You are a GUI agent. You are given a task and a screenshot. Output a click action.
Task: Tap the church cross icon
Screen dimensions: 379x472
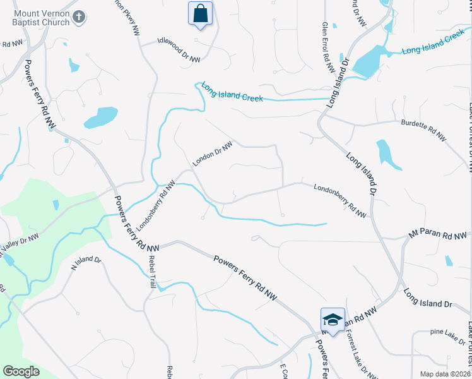coord(79,17)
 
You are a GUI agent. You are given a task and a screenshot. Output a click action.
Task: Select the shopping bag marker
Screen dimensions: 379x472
coord(200,13)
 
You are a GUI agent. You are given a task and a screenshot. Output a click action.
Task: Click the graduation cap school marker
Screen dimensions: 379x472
coord(333,320)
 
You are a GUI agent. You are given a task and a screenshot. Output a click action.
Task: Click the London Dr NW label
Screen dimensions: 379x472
coord(213,153)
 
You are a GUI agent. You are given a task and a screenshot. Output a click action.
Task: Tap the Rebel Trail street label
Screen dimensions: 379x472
coord(152,272)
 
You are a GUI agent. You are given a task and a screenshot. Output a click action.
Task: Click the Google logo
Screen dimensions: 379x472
coord(21,371)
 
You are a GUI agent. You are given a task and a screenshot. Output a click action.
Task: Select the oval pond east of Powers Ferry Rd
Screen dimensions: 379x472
coord(100,117)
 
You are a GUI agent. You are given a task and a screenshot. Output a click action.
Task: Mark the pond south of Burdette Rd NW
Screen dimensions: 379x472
coord(387,155)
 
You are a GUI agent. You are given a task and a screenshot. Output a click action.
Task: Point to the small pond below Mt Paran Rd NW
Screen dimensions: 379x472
coord(448,260)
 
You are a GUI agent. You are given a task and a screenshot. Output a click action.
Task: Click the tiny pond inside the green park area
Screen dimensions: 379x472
coord(56,205)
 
